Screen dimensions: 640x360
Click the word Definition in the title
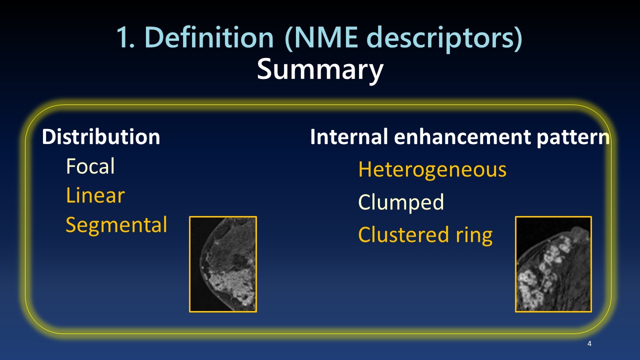point(209,37)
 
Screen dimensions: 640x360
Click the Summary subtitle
point(320,70)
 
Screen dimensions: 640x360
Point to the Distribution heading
point(101,136)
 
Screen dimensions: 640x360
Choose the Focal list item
point(90,166)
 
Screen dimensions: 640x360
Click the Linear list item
point(95,195)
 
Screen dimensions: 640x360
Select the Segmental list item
point(116,225)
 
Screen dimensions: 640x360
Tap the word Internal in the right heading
point(349,136)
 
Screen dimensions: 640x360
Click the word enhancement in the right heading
point(462,137)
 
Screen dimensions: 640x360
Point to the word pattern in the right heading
point(572,138)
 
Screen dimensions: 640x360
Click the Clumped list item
point(401,202)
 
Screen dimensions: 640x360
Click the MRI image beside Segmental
point(223,264)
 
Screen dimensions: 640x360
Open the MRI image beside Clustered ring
point(553,264)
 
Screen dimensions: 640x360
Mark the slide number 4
point(589,343)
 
